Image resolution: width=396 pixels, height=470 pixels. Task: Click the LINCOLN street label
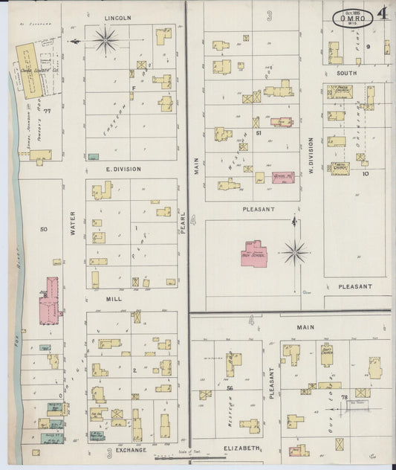click(x=117, y=17)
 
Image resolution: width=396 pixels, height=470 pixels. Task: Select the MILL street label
click(x=113, y=297)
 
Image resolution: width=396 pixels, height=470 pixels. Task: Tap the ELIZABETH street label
click(x=241, y=448)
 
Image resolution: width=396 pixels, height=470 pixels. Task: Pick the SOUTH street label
click(x=346, y=74)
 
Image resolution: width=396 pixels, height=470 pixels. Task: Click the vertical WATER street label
click(x=73, y=223)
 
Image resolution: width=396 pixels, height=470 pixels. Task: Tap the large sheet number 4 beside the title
click(x=381, y=13)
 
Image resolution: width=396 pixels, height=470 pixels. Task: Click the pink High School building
click(x=254, y=254)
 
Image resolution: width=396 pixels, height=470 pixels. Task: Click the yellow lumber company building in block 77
click(x=28, y=71)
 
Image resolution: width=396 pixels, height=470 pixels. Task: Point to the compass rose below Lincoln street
click(x=106, y=40)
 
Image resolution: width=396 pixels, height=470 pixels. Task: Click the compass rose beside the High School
click(x=295, y=253)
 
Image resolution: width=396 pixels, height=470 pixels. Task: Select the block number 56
click(x=230, y=389)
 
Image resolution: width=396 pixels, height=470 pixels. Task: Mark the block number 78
click(x=344, y=398)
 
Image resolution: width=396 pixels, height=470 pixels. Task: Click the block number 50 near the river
click(x=43, y=229)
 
